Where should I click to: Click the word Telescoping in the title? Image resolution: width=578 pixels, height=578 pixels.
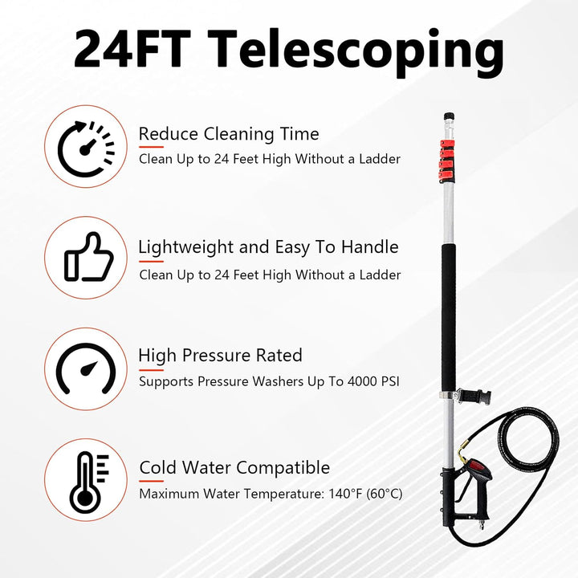[x=356, y=51]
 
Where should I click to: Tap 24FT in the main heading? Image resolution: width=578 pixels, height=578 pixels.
[x=132, y=48]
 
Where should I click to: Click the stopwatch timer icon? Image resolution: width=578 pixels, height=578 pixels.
[x=86, y=149]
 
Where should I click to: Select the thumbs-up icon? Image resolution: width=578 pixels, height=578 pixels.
[x=88, y=257]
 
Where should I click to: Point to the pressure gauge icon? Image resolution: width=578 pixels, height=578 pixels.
[x=86, y=368]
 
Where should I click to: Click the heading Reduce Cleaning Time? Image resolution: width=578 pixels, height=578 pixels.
[x=229, y=134]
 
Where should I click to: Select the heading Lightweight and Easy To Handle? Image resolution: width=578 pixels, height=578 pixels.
[x=268, y=247]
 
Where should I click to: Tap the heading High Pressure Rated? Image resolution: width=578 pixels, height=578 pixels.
[x=221, y=356]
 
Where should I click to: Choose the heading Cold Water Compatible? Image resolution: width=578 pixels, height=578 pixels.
[x=234, y=468]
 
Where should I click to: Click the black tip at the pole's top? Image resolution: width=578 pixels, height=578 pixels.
[x=449, y=117]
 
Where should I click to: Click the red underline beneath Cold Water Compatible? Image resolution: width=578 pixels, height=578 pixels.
[x=151, y=481]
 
